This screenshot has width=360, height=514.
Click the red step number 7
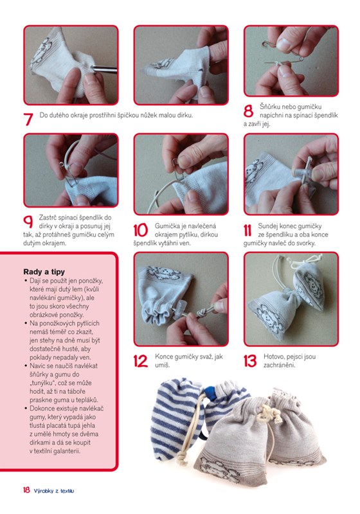[x=28, y=120]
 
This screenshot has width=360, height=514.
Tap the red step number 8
[x=248, y=111]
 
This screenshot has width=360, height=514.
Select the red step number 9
[x=28, y=222]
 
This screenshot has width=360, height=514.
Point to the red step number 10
[x=140, y=230]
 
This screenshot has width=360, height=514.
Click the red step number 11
[x=248, y=230]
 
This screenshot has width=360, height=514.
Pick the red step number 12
[x=140, y=361]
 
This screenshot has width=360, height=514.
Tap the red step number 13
[x=250, y=361]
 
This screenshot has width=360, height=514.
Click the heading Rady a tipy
[x=44, y=272]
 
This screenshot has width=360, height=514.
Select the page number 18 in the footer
[x=26, y=490]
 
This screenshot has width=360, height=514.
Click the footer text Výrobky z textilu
[x=54, y=491]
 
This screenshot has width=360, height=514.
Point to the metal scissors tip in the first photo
[x=104, y=69]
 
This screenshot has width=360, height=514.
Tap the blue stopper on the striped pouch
[x=208, y=393]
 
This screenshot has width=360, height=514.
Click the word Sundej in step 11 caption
[x=267, y=226]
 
